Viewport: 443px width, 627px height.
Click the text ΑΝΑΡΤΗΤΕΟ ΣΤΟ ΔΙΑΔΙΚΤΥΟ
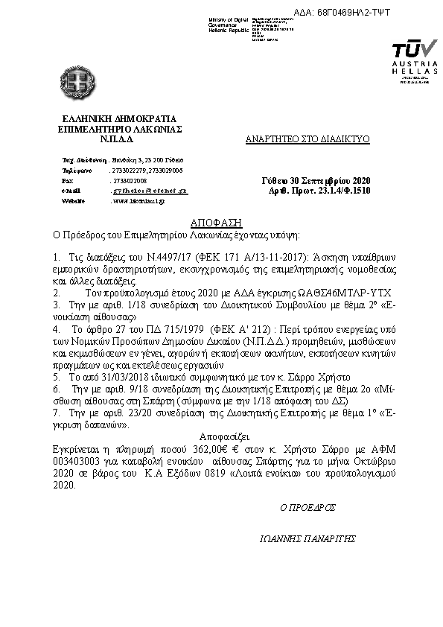pos(307,139)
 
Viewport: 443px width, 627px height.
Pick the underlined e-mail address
pos(149,191)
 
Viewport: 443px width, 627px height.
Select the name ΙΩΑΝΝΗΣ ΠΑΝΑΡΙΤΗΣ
pos(305,538)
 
